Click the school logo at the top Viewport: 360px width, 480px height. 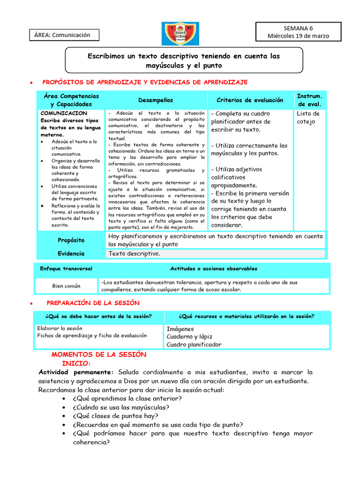pyautogui.click(x=180, y=33)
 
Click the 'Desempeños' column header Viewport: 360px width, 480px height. pyautogui.click(x=156, y=100)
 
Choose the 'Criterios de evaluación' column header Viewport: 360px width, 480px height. pyautogui.click(x=250, y=100)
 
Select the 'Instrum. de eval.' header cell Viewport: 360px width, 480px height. pyautogui.click(x=309, y=100)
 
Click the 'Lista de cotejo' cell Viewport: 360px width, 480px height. pyautogui.click(x=308, y=118)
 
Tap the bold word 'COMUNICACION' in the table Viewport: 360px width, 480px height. pyautogui.click(x=64, y=113)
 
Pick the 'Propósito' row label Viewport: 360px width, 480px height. pyautogui.click(x=71, y=240)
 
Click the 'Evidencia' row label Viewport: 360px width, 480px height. pyautogui.click(x=71, y=254)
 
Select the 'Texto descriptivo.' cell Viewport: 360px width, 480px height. pyautogui.click(x=135, y=254)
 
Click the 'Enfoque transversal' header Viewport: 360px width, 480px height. pyautogui.click(x=66, y=269)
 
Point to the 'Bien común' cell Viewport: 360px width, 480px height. pyautogui.click(x=66, y=285)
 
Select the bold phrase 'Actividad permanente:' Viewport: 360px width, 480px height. pyautogui.click(x=76, y=372)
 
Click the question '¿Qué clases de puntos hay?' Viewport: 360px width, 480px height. pyautogui.click(x=115, y=416)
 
